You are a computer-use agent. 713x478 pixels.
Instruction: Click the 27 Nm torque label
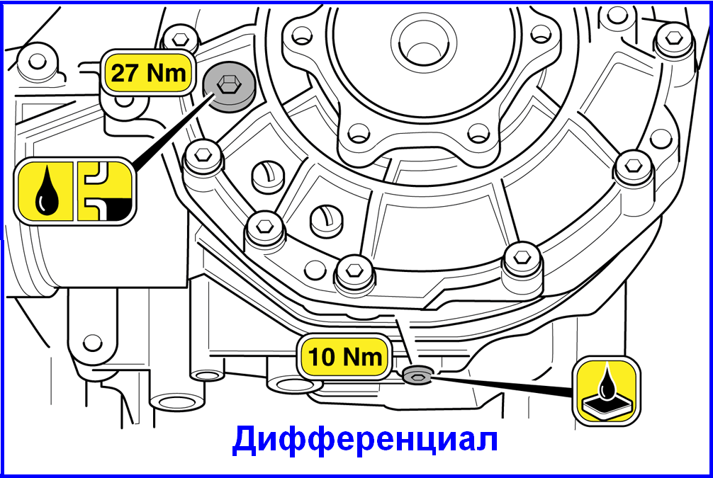[x=148, y=72]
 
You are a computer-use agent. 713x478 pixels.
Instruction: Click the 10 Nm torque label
[x=346, y=356]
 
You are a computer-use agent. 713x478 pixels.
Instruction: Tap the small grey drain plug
[x=415, y=375]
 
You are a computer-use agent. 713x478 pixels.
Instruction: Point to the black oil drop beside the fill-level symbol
[x=47, y=192]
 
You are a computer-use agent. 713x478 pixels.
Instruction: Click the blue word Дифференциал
[x=365, y=439]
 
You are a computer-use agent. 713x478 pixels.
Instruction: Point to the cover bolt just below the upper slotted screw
[x=265, y=227]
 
